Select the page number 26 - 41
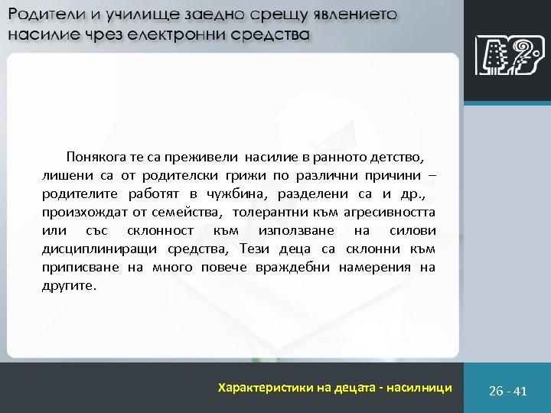pyautogui.click(x=508, y=391)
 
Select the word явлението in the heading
pyautogui.click(x=355, y=16)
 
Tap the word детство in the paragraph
pyautogui.click(x=393, y=158)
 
